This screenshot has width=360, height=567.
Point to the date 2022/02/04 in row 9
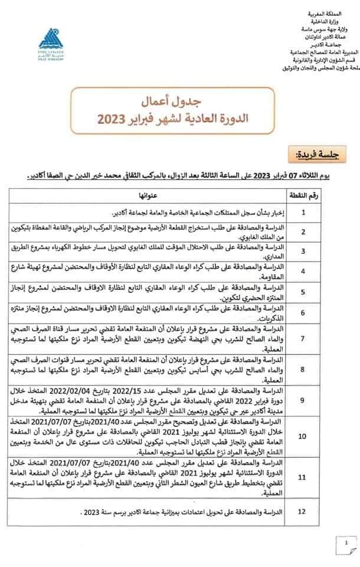(x=126, y=389)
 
